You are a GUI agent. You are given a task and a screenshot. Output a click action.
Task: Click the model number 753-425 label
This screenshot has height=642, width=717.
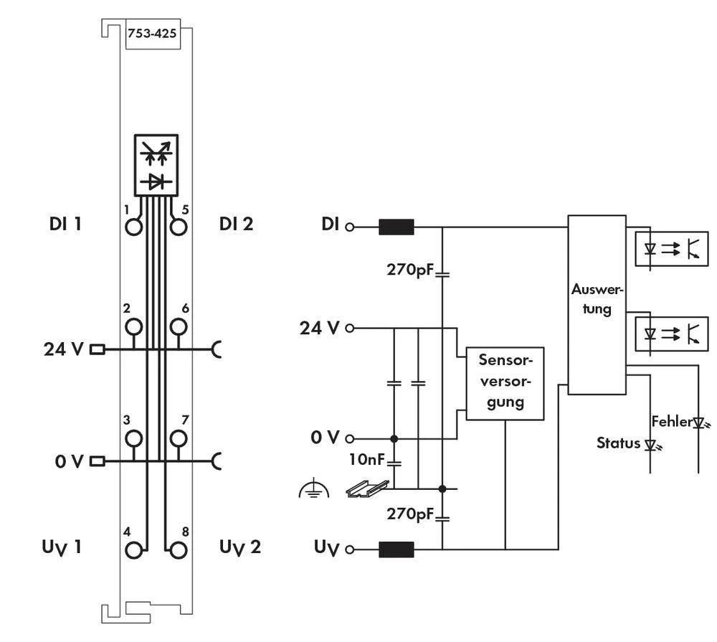click(152, 33)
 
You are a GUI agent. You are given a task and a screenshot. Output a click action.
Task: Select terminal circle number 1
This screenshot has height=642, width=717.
click(133, 227)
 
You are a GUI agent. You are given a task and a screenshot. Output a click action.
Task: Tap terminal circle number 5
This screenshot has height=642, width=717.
click(179, 227)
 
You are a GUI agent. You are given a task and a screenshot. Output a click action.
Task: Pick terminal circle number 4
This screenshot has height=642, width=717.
click(133, 550)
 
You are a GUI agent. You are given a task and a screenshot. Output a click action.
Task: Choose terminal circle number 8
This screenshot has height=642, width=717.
click(179, 550)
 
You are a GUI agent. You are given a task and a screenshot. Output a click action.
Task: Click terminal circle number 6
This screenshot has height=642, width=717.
click(179, 327)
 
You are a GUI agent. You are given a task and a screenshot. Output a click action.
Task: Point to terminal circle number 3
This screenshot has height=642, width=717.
click(133, 438)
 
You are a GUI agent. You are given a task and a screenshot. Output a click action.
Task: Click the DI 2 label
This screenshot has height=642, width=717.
click(237, 224)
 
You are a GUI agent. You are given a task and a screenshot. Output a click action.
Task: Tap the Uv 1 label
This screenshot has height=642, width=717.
click(61, 547)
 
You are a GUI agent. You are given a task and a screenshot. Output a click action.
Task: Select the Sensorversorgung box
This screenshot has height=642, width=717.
click(505, 383)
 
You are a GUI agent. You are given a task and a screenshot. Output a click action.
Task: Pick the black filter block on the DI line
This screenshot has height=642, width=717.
click(396, 227)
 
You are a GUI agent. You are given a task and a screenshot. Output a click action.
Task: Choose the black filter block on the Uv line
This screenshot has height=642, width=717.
click(396, 550)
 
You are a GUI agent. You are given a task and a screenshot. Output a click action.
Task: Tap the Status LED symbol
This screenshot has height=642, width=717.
click(650, 445)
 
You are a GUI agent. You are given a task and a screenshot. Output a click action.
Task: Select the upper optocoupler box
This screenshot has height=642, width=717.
click(672, 249)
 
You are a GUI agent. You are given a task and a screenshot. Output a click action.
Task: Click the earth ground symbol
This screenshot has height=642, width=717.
click(313, 491)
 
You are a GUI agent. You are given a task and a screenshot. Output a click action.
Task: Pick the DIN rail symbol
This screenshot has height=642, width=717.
click(367, 488)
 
